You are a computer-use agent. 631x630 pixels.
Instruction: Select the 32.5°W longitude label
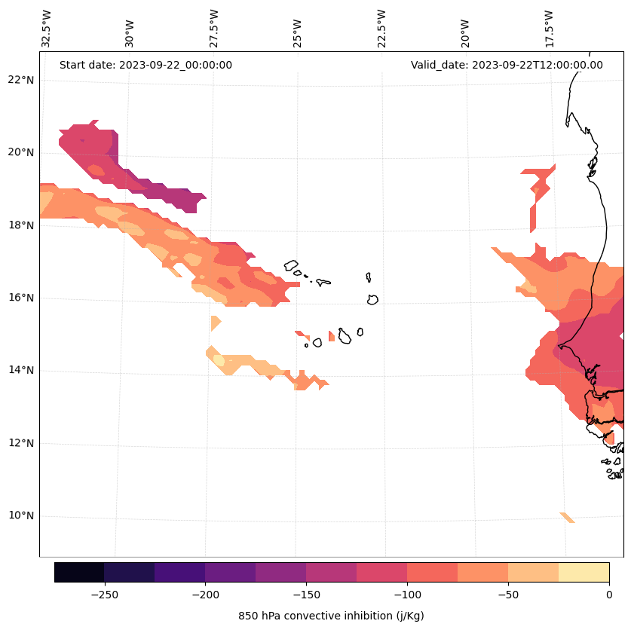(x=47, y=29)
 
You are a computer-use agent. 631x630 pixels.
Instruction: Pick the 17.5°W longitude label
(x=550, y=29)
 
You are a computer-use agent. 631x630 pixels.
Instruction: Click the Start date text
(x=145, y=65)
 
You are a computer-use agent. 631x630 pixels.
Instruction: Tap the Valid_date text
(x=507, y=65)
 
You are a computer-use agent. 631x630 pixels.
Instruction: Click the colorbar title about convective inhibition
(x=331, y=616)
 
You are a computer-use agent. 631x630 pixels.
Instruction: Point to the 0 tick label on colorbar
(x=608, y=595)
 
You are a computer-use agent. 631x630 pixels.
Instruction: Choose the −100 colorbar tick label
(x=407, y=595)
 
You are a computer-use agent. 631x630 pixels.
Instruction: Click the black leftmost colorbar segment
(x=79, y=572)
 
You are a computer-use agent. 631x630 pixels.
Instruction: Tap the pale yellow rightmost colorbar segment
(x=584, y=572)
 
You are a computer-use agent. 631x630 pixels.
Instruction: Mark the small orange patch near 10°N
(x=567, y=517)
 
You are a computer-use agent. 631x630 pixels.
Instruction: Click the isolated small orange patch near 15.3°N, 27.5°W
(x=215, y=323)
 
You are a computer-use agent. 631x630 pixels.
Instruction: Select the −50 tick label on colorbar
(x=508, y=595)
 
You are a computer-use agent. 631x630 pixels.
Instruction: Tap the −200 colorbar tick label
(x=205, y=595)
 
